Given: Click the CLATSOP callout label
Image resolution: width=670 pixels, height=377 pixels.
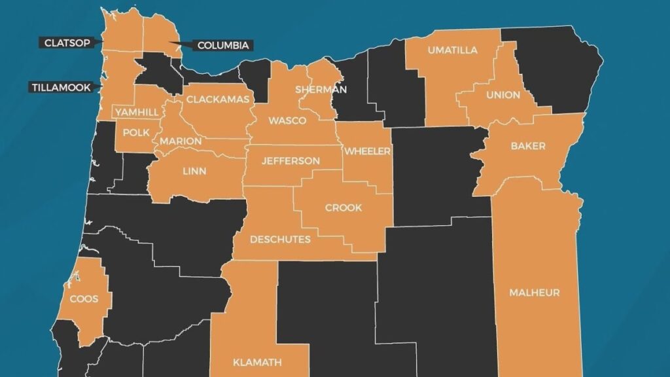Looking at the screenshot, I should [67, 43].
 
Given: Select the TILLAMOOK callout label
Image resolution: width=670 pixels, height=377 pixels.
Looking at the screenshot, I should [61, 86].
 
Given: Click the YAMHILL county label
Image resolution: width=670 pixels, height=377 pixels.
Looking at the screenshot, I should [137, 112].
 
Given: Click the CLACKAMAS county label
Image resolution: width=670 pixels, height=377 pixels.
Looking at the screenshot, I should [218, 99].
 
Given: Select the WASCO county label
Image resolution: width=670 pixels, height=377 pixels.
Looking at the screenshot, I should [283, 121].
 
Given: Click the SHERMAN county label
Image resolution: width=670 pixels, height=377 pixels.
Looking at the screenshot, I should [321, 89].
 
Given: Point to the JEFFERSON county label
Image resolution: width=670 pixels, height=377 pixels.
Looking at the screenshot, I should [291, 160].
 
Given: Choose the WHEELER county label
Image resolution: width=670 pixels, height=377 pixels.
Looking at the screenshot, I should [367, 151].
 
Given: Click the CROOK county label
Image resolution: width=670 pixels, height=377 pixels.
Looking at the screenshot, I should [343, 207].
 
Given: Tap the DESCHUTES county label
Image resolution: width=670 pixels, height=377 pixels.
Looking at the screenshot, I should [280, 239].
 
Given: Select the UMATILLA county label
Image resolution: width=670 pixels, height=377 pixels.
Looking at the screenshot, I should [452, 50].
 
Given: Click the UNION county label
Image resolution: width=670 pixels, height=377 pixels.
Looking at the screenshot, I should [503, 95].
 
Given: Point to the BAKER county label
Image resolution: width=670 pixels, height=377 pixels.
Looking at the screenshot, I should [527, 146].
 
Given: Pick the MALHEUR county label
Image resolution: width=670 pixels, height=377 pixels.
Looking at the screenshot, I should [535, 293].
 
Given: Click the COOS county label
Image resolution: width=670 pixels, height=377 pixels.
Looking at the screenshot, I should [84, 299].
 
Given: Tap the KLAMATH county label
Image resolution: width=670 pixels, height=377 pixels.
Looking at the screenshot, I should [257, 362].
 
